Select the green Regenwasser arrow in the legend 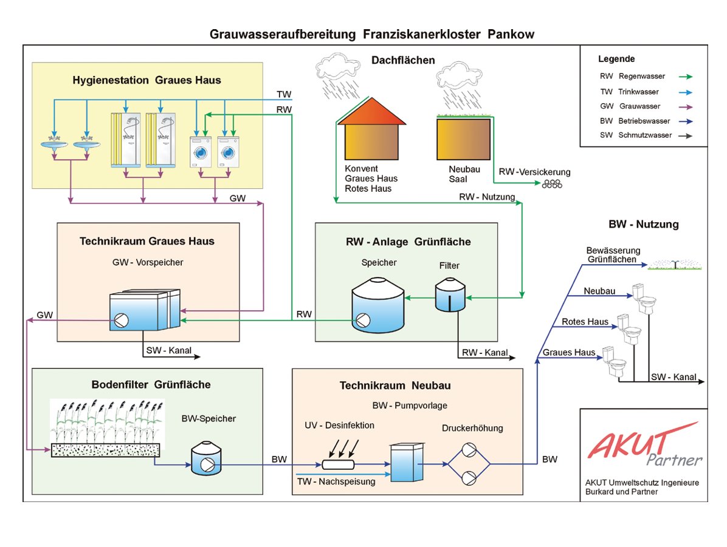(686, 77)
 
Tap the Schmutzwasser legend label (645, 135)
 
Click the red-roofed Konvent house (371, 129)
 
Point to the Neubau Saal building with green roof (464, 138)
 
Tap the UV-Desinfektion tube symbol (338, 464)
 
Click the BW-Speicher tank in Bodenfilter (206, 458)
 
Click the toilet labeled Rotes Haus (629, 329)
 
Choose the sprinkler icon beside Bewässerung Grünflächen (675, 265)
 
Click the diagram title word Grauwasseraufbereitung (283, 34)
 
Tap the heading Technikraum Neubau (395, 386)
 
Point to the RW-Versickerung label (534, 172)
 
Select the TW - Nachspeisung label (336, 481)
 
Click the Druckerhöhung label (472, 428)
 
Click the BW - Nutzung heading (644, 224)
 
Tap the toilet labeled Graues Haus (615, 362)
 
